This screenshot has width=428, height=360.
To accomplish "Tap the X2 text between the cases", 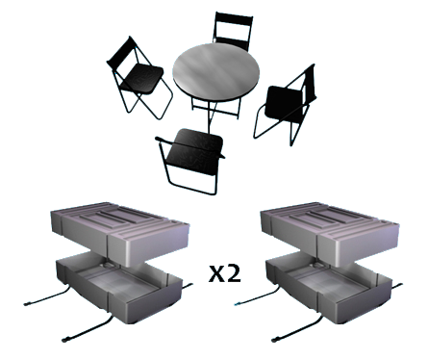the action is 225,274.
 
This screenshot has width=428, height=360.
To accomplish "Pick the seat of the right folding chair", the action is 284,103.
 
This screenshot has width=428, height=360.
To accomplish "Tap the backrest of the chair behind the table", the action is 233,30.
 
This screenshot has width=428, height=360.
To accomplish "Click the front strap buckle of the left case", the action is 66,339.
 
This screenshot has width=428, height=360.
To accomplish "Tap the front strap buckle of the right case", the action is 276,339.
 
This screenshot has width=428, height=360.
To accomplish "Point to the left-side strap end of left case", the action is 28,303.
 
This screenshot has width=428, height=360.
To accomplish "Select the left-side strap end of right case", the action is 238,303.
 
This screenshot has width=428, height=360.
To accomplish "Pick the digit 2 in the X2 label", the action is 234,274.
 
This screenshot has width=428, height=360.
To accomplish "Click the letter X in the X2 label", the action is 216,275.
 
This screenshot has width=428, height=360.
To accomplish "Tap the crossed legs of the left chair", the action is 144,102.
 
